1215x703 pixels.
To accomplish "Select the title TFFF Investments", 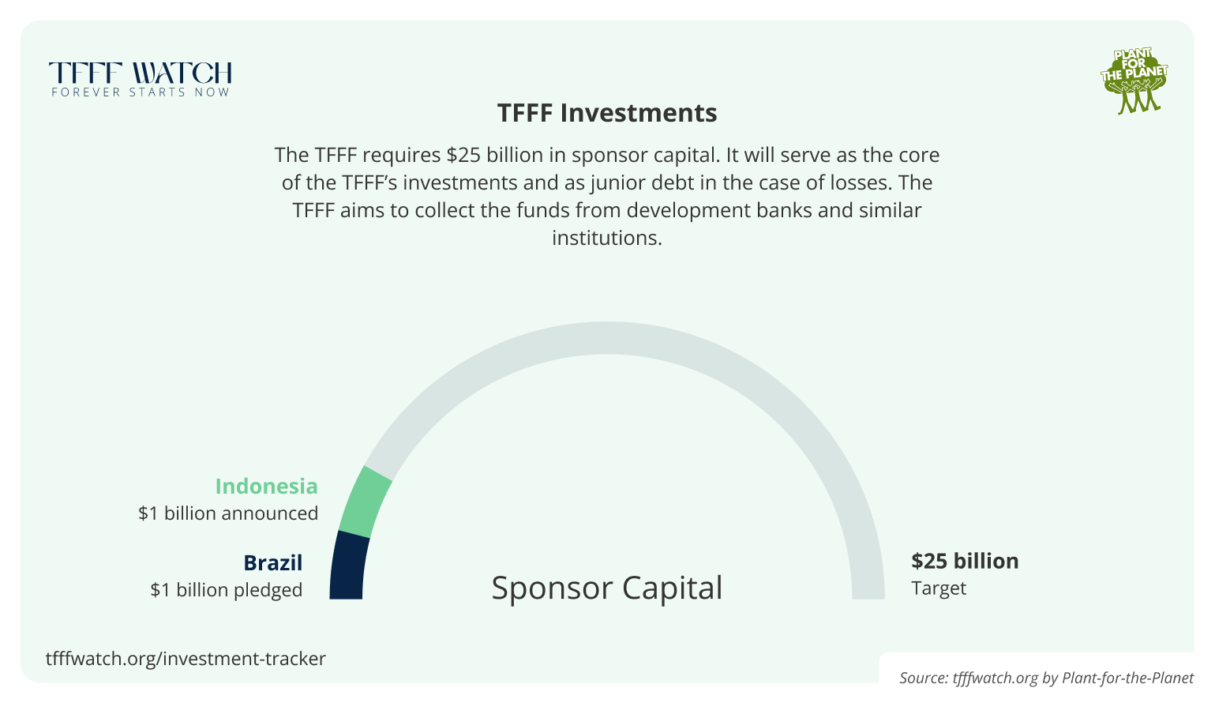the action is click(607, 113).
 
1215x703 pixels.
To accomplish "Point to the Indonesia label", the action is click(266, 486).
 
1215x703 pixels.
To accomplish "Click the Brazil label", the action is click(272, 562).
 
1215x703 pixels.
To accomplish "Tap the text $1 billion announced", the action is click(228, 513).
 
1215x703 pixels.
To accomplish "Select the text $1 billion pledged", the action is click(227, 590).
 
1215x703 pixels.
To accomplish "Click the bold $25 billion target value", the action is click(965, 561).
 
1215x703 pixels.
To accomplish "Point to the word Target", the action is click(939, 588).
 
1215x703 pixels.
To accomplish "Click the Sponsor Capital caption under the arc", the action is click(606, 588).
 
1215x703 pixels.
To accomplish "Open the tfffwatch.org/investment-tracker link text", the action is click(186, 659).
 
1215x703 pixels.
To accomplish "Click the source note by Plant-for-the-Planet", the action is click(1046, 678).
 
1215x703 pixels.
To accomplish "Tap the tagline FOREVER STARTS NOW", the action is click(141, 92).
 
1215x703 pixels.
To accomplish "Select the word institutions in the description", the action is click(606, 238).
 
